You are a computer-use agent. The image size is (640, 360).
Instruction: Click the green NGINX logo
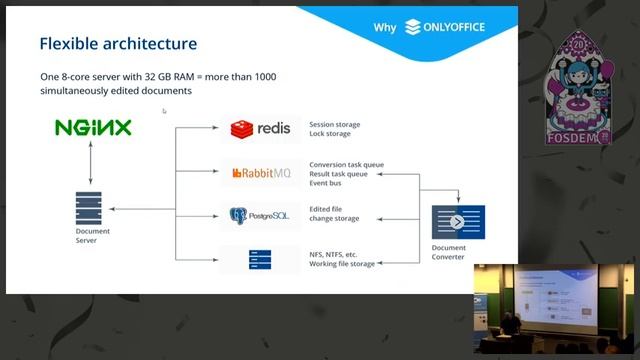(93, 128)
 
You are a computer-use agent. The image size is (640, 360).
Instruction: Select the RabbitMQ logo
(260, 173)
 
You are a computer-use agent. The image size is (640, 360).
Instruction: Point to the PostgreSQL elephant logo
(240, 215)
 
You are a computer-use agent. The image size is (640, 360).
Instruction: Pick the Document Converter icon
(457, 222)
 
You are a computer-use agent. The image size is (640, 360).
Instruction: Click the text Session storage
(335, 125)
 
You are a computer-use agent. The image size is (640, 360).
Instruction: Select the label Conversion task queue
(347, 164)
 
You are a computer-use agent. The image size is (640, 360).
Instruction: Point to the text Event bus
(329, 183)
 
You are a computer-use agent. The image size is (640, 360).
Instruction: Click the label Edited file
(329, 210)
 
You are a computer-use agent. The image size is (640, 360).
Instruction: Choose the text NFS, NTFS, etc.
(334, 254)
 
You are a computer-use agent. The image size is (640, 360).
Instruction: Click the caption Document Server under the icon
(93, 236)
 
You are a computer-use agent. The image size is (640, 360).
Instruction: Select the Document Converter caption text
(448, 252)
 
